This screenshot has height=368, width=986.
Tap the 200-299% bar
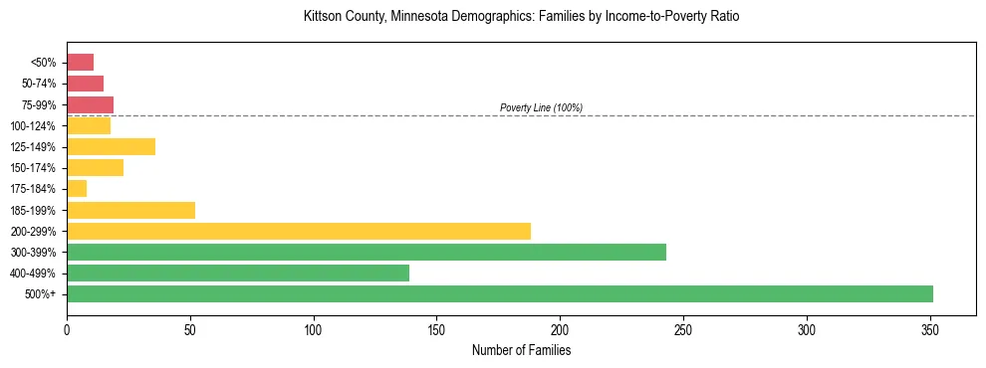(x=299, y=231)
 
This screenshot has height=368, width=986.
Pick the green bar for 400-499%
(x=238, y=273)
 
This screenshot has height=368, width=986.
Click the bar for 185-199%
(x=130, y=210)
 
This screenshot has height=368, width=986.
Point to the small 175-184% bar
(x=77, y=189)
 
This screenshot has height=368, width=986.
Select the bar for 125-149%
(x=111, y=147)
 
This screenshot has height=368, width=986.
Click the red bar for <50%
(x=80, y=63)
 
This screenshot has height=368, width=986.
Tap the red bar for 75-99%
(x=90, y=104)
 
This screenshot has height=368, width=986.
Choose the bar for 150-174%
(x=95, y=168)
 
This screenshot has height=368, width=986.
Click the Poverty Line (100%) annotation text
(x=541, y=107)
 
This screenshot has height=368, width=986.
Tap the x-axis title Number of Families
(x=521, y=350)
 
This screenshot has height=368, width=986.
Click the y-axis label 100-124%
(x=34, y=126)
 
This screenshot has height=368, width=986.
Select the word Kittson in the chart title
(x=323, y=17)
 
